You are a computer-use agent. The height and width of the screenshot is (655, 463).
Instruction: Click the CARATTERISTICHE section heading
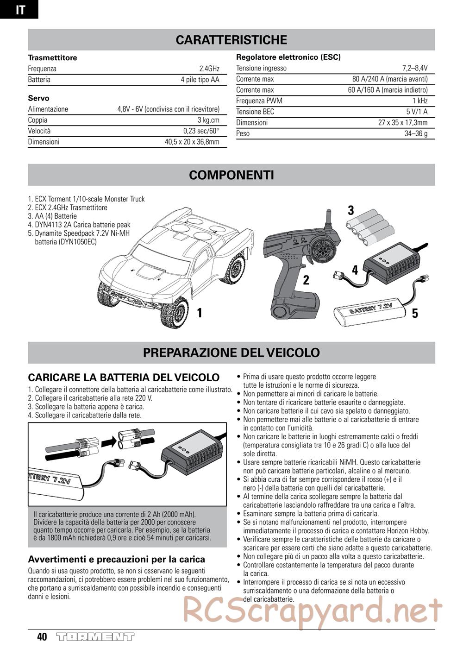(231, 40)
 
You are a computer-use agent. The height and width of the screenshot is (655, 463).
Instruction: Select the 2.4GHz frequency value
(209, 69)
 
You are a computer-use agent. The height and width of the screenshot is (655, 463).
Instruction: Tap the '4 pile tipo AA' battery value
(200, 80)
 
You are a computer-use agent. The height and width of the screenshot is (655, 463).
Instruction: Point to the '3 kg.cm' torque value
(208, 120)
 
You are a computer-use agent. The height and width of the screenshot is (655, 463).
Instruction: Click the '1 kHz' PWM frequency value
(420, 101)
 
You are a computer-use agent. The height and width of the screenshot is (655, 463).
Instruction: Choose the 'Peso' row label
(243, 133)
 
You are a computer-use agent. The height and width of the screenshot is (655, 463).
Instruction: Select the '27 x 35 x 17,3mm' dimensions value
(403, 123)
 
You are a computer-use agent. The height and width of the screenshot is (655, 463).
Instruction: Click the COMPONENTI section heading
(231, 175)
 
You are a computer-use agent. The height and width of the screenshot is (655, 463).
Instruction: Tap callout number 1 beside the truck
(200, 313)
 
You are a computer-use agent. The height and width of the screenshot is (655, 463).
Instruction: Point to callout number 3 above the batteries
(351, 210)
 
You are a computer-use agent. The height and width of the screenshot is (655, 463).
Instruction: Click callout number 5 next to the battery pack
(415, 313)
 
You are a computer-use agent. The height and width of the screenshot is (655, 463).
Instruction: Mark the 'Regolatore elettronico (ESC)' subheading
(288, 57)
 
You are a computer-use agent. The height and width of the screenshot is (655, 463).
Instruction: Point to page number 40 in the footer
(42, 637)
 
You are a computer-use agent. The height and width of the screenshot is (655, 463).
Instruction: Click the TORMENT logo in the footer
(95, 637)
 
